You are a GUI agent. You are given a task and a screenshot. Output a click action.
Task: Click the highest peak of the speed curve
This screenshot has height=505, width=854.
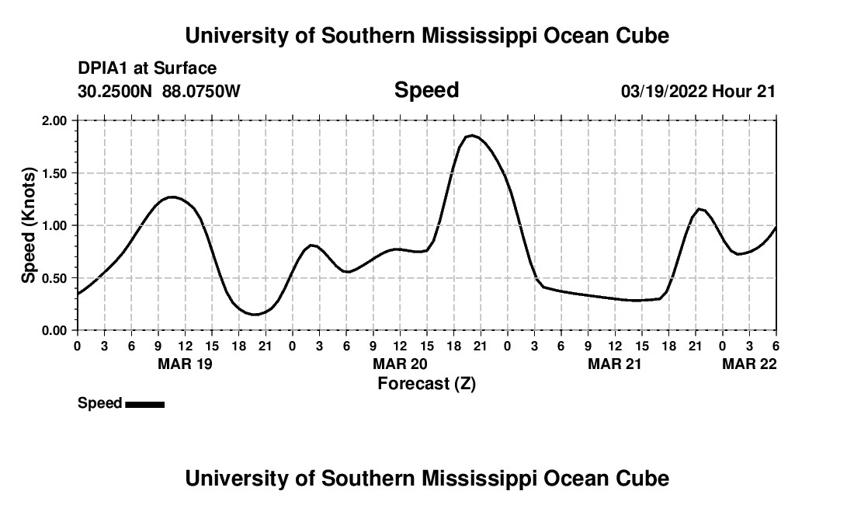tap(471, 136)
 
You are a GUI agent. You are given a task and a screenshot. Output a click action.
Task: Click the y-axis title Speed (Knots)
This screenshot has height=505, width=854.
tap(29, 225)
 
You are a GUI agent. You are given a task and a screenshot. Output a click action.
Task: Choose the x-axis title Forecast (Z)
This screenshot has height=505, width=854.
tap(426, 384)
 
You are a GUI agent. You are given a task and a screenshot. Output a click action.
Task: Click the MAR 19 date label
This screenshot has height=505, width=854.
tap(185, 364)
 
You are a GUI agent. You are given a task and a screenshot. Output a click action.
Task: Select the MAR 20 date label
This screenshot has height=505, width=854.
tap(400, 364)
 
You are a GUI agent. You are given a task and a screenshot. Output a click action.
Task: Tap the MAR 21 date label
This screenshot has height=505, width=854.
tap(615, 364)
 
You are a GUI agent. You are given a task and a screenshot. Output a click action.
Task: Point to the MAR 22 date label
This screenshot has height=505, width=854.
tap(749, 364)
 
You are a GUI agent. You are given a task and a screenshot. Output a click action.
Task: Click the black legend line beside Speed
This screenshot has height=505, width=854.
tap(144, 404)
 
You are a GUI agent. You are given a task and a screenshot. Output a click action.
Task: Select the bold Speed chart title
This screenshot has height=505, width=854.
tap(426, 90)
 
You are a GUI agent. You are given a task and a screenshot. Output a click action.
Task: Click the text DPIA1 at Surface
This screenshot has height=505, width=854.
tap(147, 69)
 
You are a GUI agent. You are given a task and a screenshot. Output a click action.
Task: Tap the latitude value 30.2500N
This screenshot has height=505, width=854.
tap(116, 92)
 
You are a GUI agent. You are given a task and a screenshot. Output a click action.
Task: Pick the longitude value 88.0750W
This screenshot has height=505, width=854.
tap(201, 92)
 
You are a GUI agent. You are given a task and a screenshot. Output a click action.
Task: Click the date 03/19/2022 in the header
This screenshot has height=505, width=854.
tap(664, 92)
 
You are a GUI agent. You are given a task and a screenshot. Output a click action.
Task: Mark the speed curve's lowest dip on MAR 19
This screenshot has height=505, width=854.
tap(255, 315)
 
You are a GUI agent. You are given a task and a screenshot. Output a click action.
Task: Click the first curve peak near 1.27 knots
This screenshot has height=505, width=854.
tap(172, 197)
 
